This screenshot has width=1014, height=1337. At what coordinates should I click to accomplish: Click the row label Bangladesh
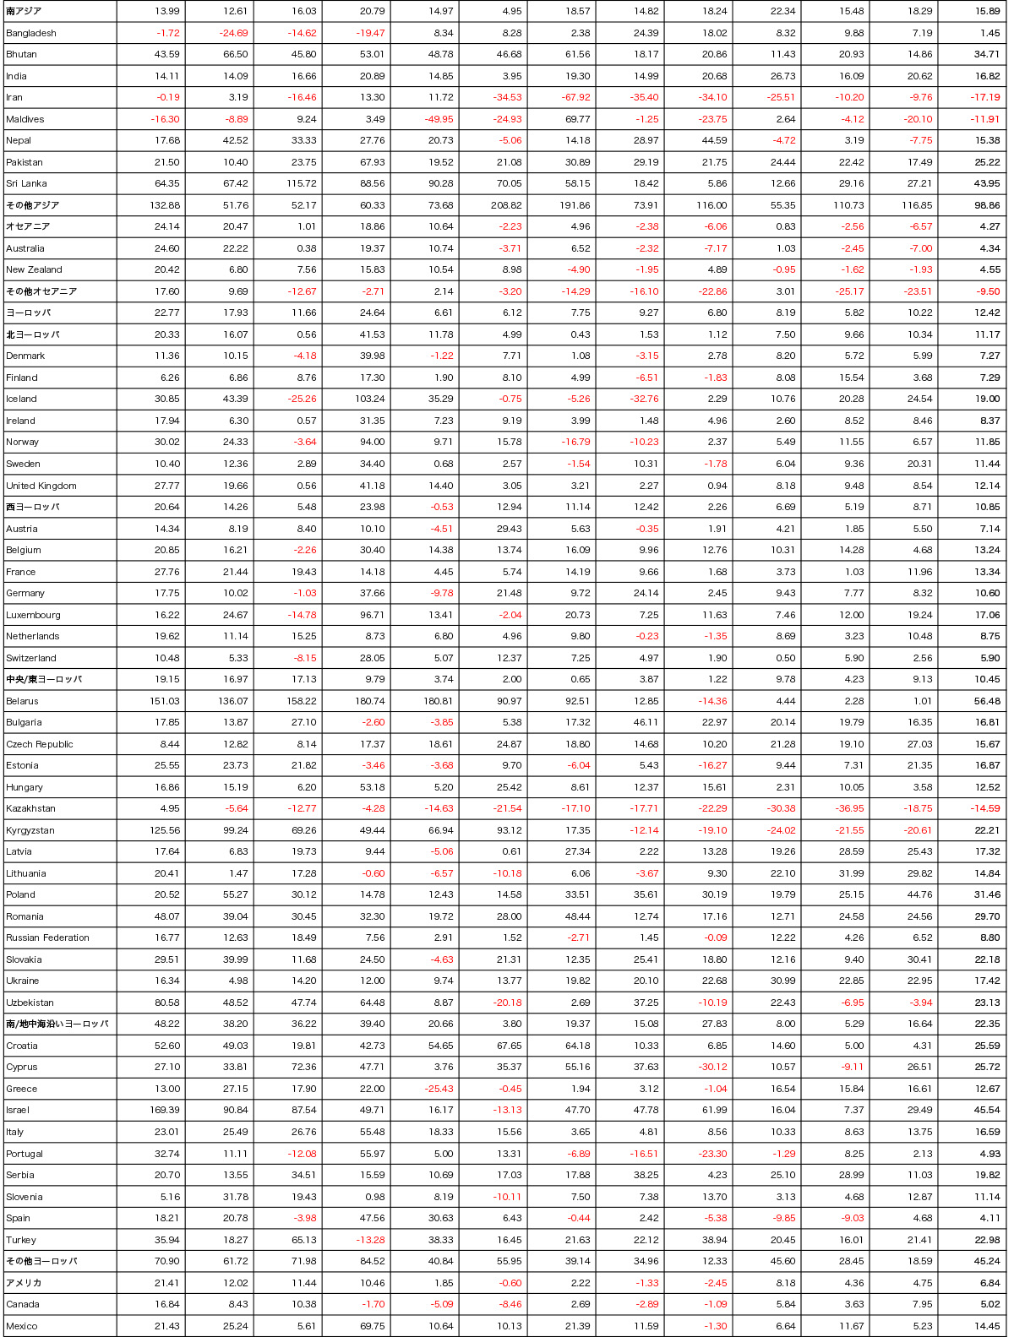[31, 33]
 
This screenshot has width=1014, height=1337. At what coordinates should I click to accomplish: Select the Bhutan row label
[21, 54]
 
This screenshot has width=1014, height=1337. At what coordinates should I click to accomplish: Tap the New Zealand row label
[34, 269]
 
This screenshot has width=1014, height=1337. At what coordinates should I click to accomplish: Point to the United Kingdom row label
[41, 486]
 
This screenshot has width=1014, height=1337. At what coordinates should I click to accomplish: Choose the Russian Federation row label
[47, 938]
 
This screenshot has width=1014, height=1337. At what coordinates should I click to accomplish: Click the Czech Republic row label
[40, 744]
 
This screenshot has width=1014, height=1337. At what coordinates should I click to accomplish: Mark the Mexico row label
[22, 1326]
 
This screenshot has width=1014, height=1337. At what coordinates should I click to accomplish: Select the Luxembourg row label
[33, 615]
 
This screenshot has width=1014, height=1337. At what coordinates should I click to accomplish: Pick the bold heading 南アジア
[24, 11]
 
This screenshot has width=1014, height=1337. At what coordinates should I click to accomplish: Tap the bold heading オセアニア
[28, 226]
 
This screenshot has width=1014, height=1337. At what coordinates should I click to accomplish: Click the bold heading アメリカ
[24, 1283]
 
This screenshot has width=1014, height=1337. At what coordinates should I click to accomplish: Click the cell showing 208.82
[506, 205]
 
